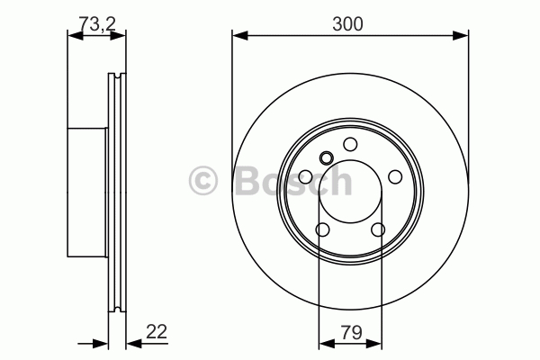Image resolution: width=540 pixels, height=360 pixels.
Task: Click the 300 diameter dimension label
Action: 347,24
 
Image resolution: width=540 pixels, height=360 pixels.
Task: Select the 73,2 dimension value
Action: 97,23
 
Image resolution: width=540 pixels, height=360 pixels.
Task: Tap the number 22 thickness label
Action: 157,332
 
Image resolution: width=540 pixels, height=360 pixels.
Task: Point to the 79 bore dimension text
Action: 351,332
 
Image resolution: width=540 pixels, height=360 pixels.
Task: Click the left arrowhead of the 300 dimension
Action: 240,35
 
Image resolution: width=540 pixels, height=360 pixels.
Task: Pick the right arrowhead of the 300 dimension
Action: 461,35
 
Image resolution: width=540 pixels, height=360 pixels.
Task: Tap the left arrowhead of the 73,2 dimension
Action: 76,35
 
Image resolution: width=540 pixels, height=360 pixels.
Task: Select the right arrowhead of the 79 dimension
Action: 374,343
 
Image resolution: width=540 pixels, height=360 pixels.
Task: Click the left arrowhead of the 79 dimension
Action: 328,343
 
